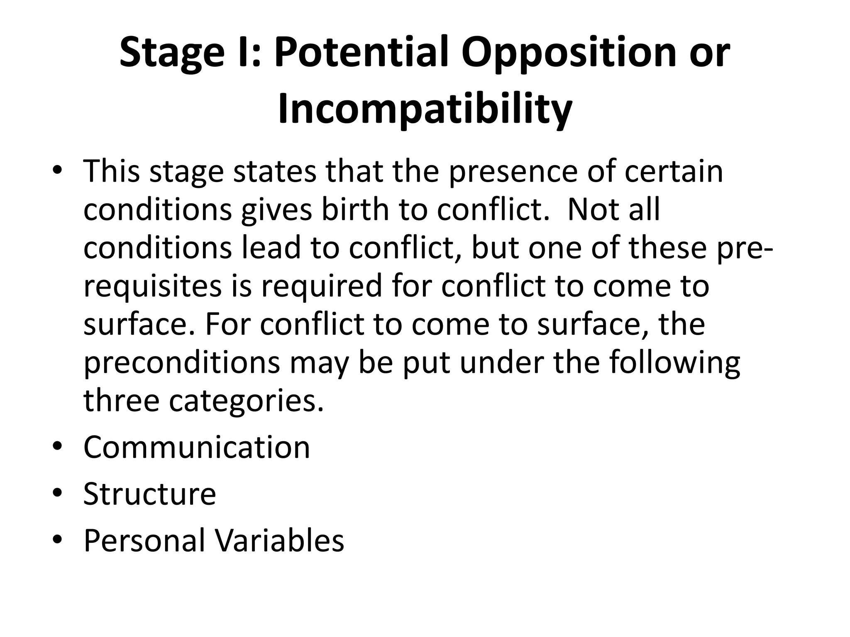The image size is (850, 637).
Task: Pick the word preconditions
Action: tap(182, 362)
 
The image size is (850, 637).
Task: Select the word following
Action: tap(674, 362)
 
